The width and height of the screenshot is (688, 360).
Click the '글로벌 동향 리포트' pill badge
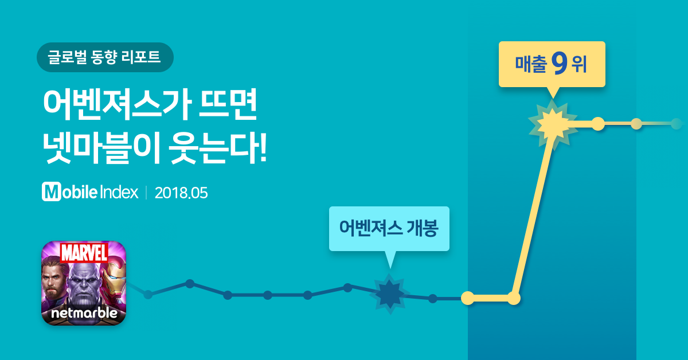(x=105, y=57)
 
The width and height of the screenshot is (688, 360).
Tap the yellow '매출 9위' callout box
(x=552, y=64)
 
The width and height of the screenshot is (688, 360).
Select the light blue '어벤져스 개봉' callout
(x=389, y=229)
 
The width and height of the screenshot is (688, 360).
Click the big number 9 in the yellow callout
(x=559, y=64)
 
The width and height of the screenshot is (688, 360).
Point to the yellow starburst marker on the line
(x=553, y=125)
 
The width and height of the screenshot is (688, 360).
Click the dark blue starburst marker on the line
(x=390, y=294)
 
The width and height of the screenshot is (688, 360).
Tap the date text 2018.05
(x=181, y=193)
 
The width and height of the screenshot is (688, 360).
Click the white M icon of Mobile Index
(x=51, y=191)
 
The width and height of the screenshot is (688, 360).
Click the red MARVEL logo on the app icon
(x=84, y=253)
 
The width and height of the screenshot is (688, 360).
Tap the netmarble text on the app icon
(x=84, y=313)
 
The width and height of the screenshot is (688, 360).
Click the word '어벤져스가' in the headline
(x=118, y=104)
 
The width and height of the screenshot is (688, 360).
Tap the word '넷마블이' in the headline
(x=101, y=148)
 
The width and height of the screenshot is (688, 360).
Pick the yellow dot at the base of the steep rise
(x=514, y=298)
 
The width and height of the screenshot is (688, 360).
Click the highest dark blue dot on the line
(x=190, y=284)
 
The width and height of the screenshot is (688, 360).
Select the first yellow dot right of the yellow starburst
(x=598, y=124)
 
